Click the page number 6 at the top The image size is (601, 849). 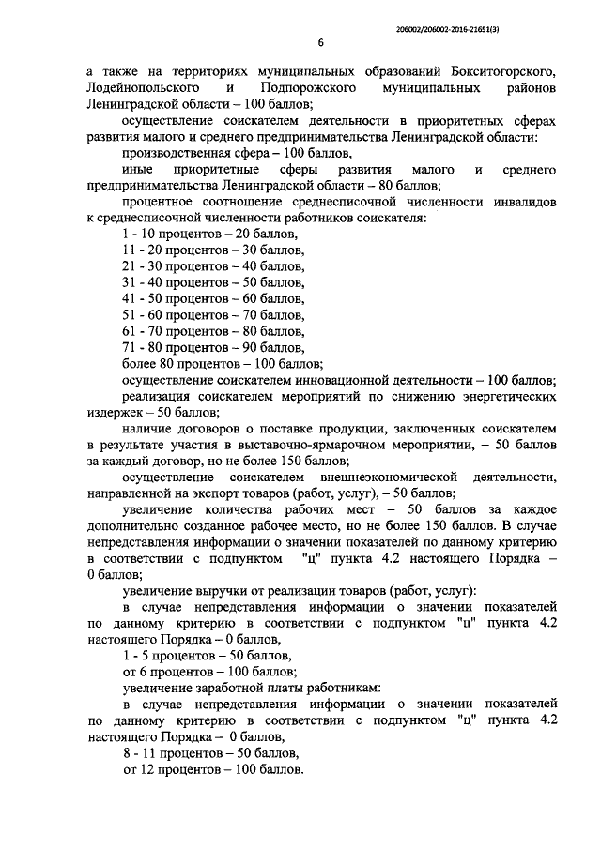pyautogui.click(x=320, y=42)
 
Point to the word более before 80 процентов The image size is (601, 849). pyautogui.click(x=142, y=363)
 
